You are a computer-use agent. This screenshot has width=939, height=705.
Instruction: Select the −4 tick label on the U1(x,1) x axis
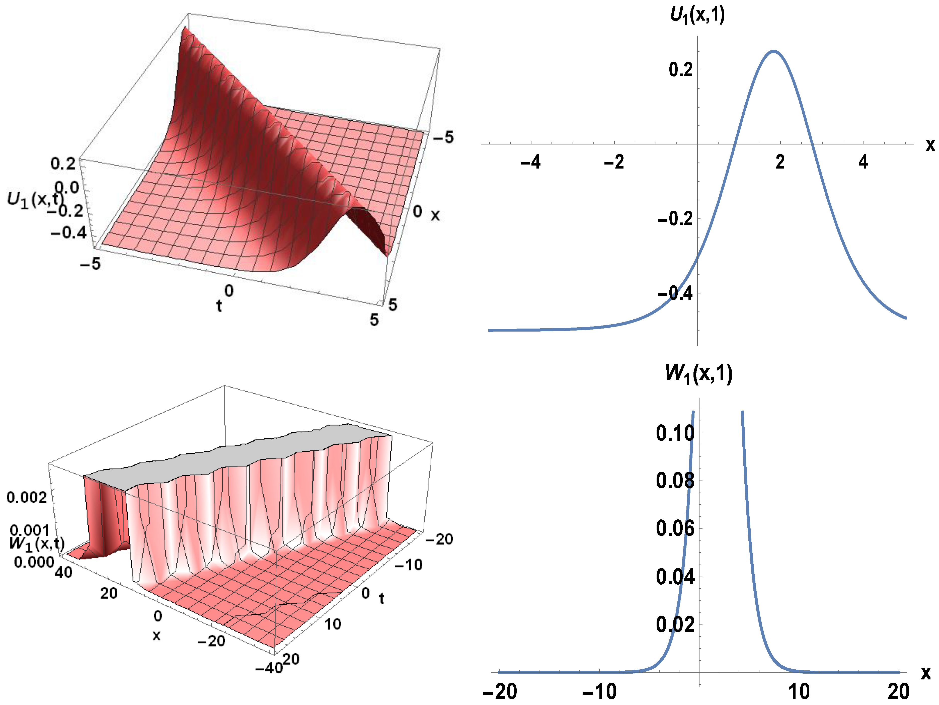(531, 162)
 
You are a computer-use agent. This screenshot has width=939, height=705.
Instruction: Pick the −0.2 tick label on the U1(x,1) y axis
(675, 219)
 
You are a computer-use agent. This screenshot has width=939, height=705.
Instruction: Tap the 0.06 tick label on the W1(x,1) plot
(675, 528)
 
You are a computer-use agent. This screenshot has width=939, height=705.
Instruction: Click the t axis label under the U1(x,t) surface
(219, 305)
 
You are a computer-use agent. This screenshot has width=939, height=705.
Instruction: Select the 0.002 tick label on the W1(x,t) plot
(27, 497)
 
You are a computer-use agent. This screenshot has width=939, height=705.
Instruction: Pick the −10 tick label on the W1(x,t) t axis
(408, 565)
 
